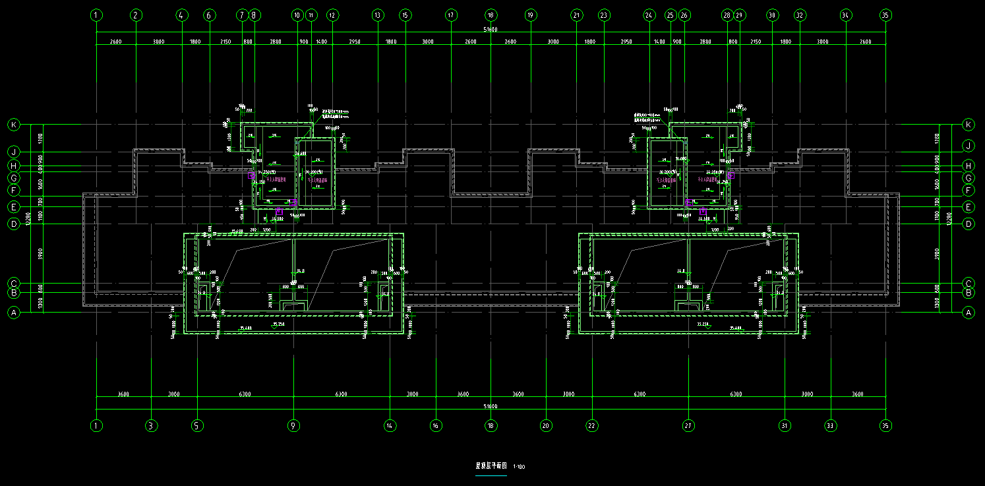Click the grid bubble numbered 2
(x=136, y=15)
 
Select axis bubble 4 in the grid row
(x=182, y=15)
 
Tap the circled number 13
(x=377, y=15)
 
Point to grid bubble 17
(x=451, y=15)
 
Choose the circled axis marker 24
(x=649, y=15)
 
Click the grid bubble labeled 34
(x=846, y=15)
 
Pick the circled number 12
(x=332, y=15)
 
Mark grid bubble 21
(x=577, y=15)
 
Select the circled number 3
(x=151, y=426)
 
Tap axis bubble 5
(x=197, y=426)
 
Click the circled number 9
(x=294, y=426)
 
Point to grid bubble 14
(x=390, y=426)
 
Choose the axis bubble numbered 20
(x=545, y=426)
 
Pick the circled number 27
(x=688, y=426)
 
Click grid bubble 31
(x=785, y=426)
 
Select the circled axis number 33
(x=831, y=426)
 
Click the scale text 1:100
(x=519, y=467)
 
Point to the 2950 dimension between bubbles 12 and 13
(x=354, y=42)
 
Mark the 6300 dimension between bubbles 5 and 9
(x=245, y=394)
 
